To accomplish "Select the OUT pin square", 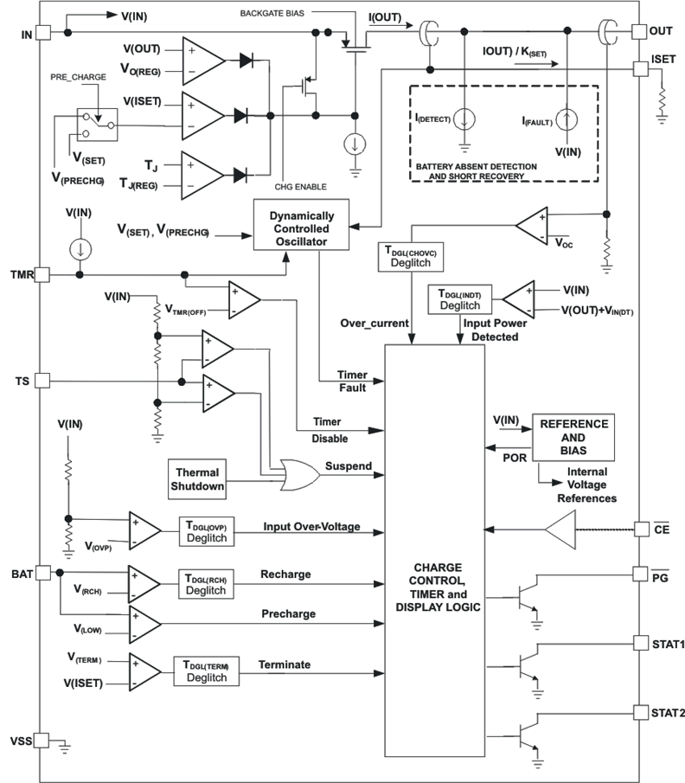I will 639,32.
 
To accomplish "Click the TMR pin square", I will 42,274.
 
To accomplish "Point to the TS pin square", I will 42,381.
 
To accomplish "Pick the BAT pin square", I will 42,573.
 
